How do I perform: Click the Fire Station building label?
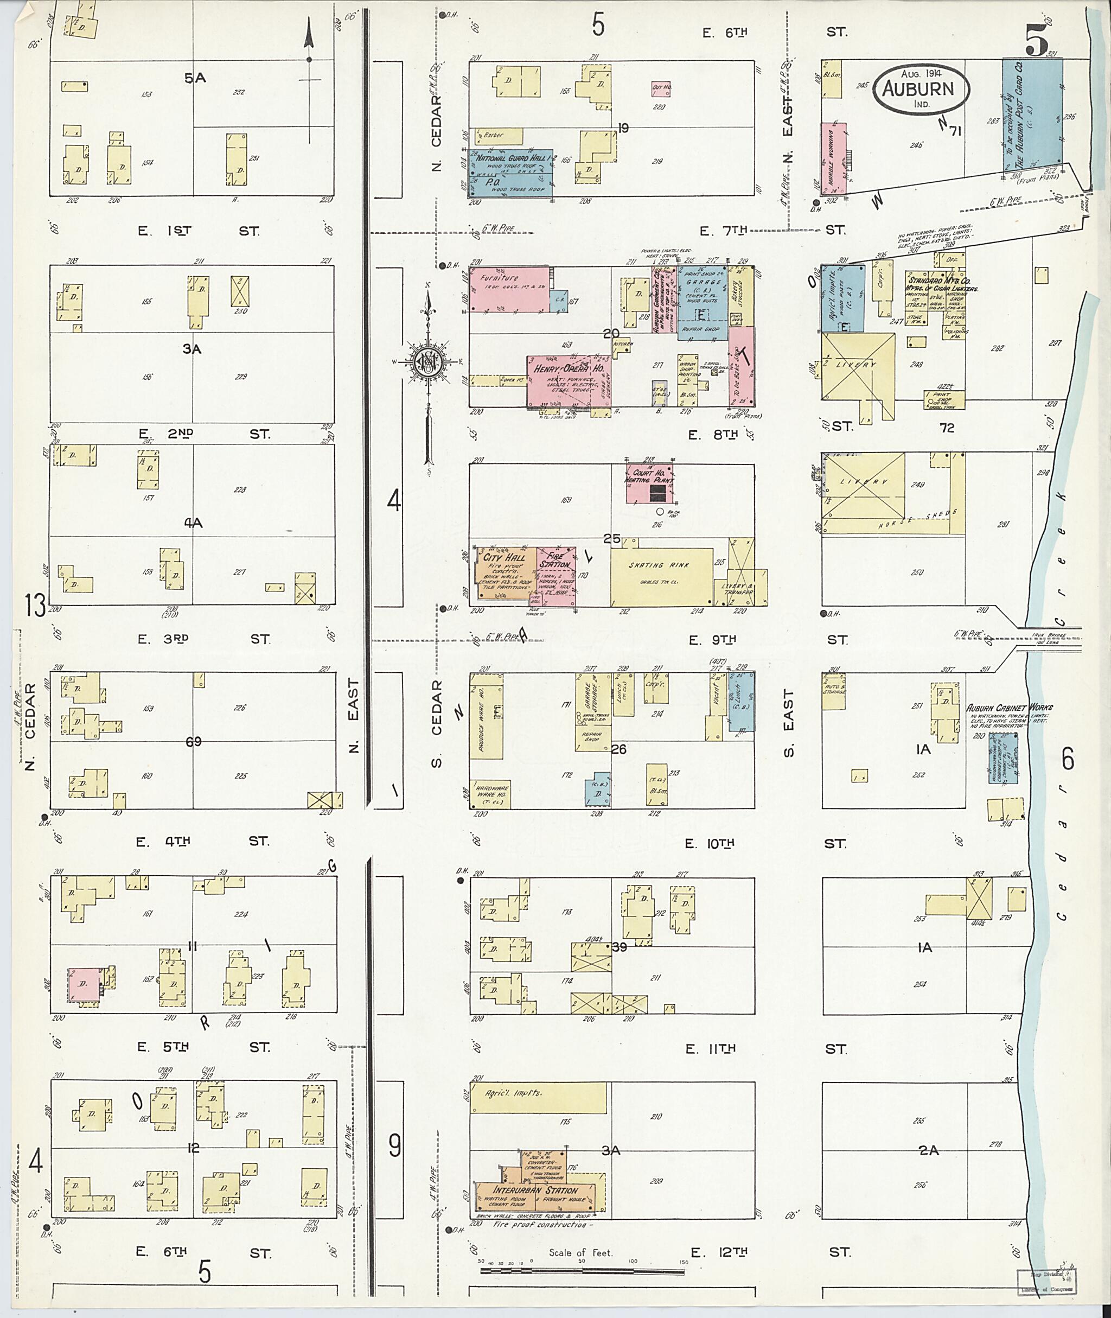click(x=557, y=560)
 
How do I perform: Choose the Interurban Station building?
click(x=535, y=1190)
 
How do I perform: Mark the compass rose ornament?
click(x=427, y=364)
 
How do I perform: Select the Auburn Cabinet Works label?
click(x=1010, y=708)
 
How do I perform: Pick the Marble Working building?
click(x=832, y=157)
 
